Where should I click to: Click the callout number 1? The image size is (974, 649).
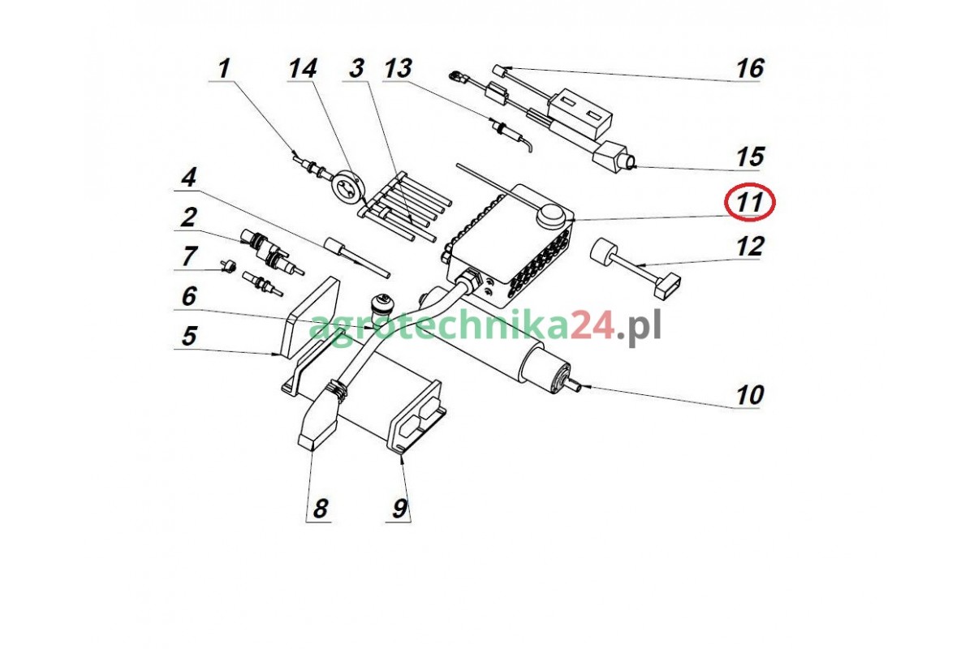click(224, 70)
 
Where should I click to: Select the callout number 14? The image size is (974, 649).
click(303, 69)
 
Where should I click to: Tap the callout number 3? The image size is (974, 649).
click(356, 70)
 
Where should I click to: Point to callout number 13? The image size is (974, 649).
click(398, 69)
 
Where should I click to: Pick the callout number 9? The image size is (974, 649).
click(400, 508)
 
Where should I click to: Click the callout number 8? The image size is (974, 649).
click(320, 508)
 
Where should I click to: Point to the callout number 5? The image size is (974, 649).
click(189, 336)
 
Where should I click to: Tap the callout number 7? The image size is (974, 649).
click(189, 256)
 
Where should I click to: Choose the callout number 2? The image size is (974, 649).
click(188, 217)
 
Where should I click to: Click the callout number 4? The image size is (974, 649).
click(188, 178)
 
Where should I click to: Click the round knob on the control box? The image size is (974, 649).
click(552, 215)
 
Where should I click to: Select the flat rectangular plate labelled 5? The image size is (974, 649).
click(309, 318)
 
